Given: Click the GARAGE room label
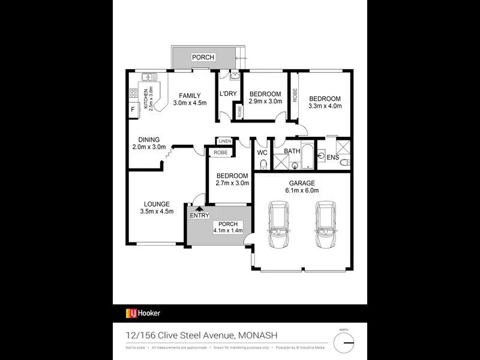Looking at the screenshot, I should (x=301, y=183).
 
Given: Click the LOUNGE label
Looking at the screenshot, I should (x=157, y=204).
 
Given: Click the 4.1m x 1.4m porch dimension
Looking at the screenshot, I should (x=227, y=230).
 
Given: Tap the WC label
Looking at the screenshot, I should (x=263, y=152).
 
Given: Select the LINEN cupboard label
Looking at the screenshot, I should (x=225, y=141).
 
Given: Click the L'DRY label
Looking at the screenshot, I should (x=227, y=94).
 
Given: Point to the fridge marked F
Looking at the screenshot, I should (x=132, y=110).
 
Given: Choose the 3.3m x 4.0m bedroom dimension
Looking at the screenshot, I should (x=325, y=106).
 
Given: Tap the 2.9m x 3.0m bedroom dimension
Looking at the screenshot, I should (x=265, y=102).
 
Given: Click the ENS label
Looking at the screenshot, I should (x=332, y=157).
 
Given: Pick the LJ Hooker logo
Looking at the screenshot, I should (x=143, y=313).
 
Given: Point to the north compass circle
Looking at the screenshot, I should (x=344, y=343).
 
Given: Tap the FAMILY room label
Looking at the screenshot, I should (x=190, y=95).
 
